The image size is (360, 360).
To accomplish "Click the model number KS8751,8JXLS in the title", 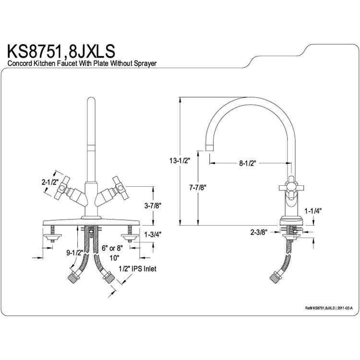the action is (61, 51).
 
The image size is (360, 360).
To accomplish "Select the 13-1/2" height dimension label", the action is (179, 161).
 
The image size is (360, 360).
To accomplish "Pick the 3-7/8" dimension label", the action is (153, 206).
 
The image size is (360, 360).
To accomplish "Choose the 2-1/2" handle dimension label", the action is (50, 182).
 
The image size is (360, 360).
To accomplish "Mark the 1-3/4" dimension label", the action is (153, 234).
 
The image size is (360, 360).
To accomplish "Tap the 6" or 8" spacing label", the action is (112, 248).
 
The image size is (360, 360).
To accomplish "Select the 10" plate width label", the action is (114, 258).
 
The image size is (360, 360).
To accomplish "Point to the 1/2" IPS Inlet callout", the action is (138, 268).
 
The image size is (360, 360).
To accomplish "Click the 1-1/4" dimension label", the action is (313, 211).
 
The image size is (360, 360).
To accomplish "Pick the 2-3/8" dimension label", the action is (259, 232).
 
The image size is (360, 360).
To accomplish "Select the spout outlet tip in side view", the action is (210, 148).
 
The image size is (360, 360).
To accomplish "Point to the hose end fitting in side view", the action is (275, 277).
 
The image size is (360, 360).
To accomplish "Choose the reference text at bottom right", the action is (329, 308).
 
